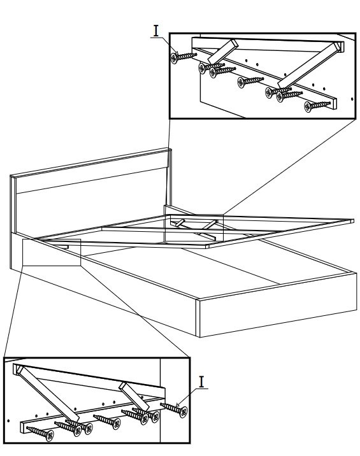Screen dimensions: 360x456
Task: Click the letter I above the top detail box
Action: click(156, 31)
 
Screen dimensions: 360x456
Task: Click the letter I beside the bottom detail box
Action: click(202, 382)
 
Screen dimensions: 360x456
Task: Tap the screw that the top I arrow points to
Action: click(184, 57)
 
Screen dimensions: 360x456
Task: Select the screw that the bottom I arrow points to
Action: click(174, 410)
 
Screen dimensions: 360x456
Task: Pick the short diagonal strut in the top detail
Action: click(223, 52)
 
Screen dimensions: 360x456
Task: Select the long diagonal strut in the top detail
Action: click(310, 65)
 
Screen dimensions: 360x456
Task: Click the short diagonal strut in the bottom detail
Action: click(134, 396)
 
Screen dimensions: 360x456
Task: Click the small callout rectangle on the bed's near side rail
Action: click(52, 252)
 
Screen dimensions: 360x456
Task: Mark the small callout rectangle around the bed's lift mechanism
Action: click(194, 228)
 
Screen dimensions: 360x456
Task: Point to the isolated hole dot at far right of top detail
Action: click(352, 99)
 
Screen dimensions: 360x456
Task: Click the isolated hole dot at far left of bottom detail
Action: click(8, 420)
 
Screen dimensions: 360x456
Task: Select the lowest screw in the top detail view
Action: click(317, 105)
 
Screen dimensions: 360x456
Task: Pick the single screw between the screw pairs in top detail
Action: click(250, 81)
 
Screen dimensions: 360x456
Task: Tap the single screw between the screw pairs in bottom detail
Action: click(107, 422)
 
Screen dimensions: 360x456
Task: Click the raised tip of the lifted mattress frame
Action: click(353, 221)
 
